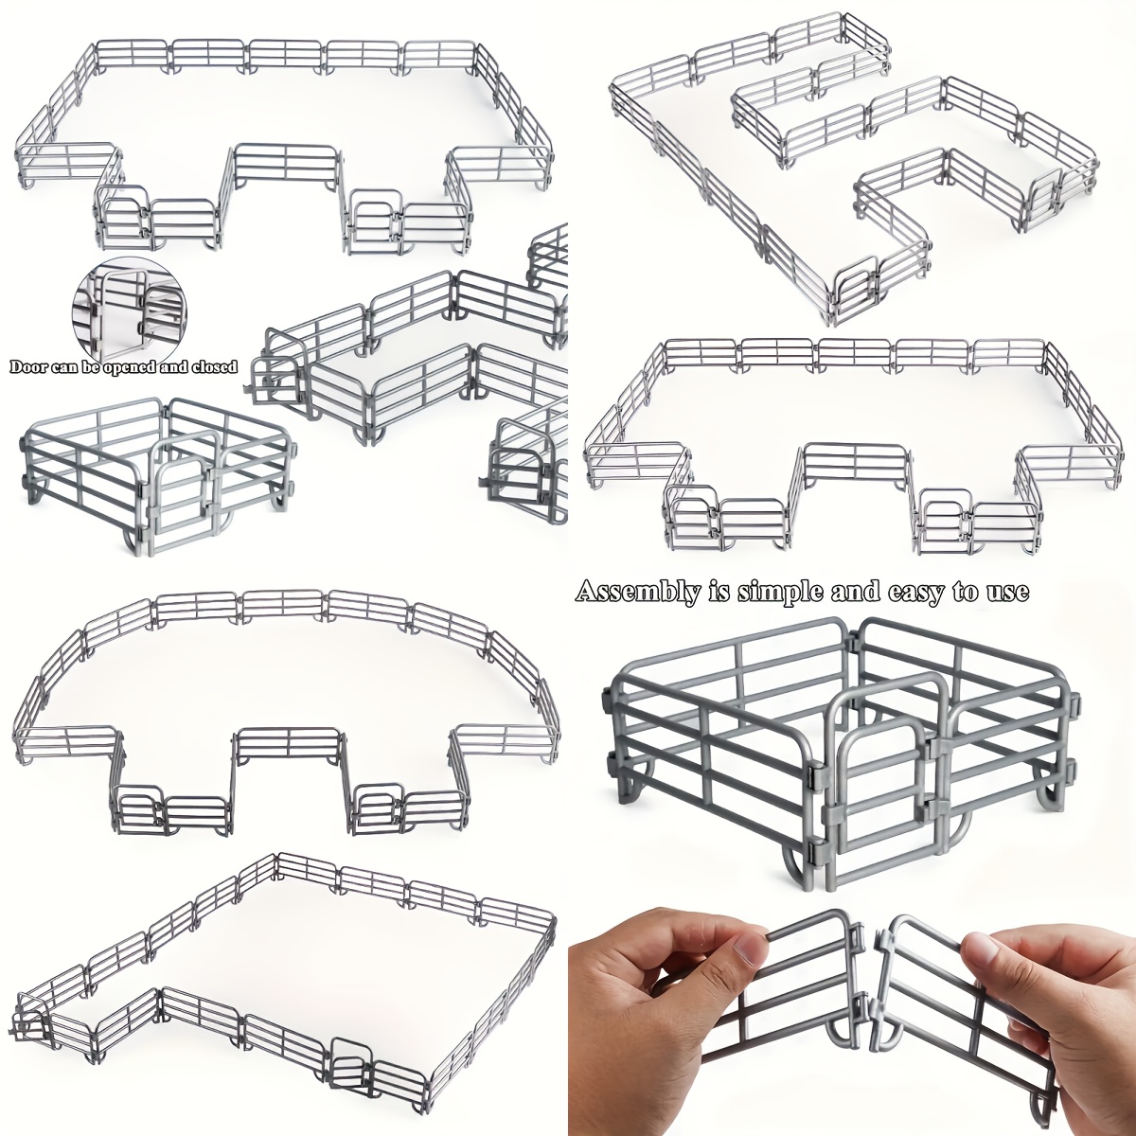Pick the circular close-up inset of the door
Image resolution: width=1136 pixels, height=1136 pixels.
[129, 313]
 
